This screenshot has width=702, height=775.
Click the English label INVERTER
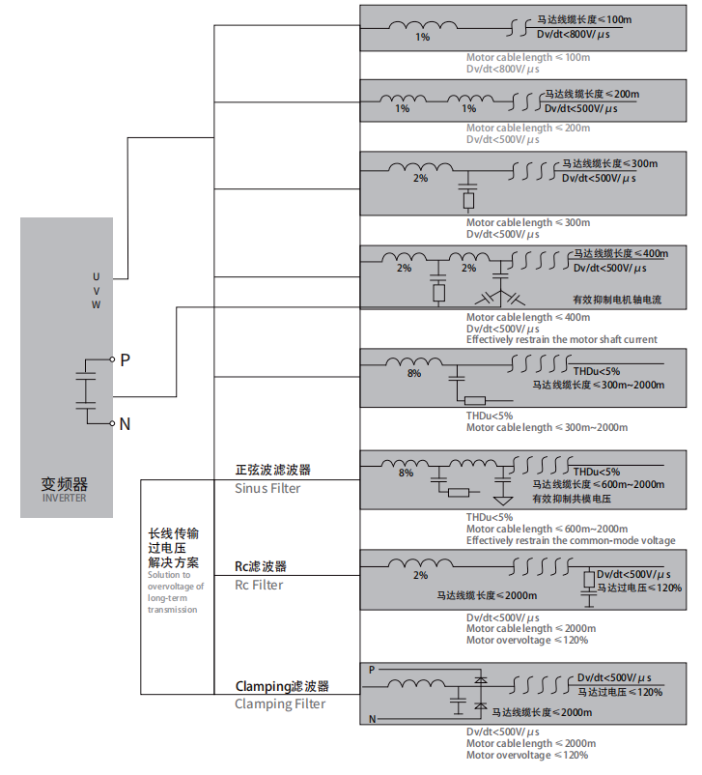click(64, 499)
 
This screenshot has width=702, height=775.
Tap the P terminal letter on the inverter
click(125, 360)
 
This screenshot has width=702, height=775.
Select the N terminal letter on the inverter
click(125, 423)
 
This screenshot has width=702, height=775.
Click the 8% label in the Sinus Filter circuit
click(406, 474)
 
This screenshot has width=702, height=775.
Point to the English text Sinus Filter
click(267, 489)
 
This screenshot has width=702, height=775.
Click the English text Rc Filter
click(260, 585)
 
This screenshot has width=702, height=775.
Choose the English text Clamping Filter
click(280, 703)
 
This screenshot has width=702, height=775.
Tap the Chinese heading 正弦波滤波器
click(273, 470)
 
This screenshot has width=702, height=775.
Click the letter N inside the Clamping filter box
click(372, 718)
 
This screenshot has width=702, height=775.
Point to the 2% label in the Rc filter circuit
click(420, 576)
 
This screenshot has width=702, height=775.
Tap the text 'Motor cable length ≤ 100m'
click(527, 58)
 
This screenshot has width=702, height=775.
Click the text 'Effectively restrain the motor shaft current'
click(562, 339)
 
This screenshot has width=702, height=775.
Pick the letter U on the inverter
click(96, 278)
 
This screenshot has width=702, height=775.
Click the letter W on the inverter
click(96, 304)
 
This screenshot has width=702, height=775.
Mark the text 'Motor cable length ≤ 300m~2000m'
click(547, 428)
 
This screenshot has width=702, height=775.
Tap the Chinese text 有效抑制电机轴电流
click(616, 301)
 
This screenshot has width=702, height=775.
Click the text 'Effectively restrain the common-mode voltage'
click(571, 540)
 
